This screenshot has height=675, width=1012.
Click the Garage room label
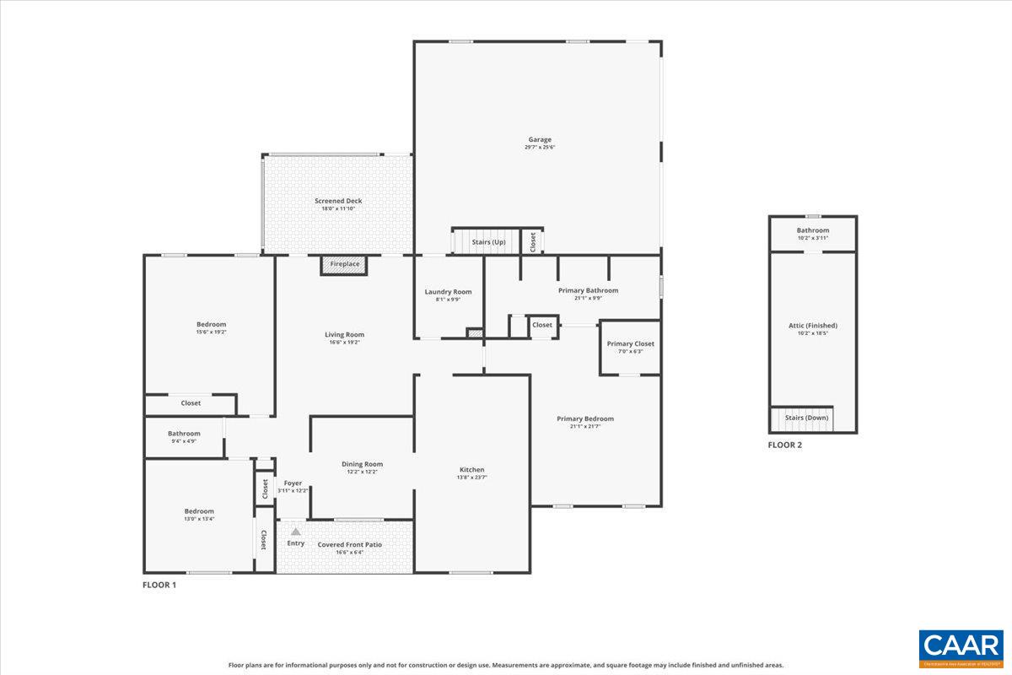540,139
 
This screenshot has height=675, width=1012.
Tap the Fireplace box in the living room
344,265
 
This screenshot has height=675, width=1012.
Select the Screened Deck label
338,201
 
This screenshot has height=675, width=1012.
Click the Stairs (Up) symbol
487,241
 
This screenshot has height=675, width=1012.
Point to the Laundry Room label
448,292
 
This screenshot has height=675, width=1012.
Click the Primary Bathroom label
588,290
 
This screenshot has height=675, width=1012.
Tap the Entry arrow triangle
295,532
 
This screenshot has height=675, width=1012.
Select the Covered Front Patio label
349,544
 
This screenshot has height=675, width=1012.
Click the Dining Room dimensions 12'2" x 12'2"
362,472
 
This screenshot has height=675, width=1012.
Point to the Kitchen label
471,470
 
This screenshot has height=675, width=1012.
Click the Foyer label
293,483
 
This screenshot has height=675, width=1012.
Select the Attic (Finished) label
812,325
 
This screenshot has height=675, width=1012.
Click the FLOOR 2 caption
784,445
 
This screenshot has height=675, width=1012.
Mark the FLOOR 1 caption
159,584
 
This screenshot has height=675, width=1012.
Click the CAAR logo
961,649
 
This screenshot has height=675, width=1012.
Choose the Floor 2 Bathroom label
813,230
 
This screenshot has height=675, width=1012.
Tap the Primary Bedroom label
585,418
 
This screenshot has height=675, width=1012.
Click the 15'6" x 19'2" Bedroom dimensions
211,332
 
